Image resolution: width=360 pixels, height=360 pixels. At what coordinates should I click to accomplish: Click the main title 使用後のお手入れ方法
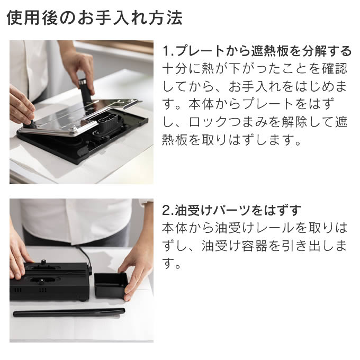pos(95,17)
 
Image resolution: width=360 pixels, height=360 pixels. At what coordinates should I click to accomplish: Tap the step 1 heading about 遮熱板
pos(257,51)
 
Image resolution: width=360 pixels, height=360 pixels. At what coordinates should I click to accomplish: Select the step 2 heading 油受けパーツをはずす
pos(231,210)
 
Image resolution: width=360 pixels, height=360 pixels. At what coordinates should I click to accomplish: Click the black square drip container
pos(111,285)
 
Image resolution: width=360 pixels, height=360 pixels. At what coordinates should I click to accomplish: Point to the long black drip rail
pos(69,312)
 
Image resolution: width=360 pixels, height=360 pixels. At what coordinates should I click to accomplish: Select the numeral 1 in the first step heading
pos(166,51)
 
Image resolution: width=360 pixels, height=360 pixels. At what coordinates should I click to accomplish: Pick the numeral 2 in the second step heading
pos(166,210)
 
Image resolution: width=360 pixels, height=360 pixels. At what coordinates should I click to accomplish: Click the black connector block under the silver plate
pos(107,121)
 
